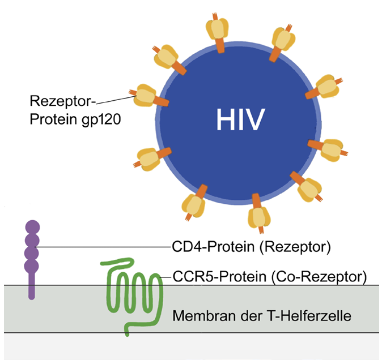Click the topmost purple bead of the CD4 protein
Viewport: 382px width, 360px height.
tap(32, 228)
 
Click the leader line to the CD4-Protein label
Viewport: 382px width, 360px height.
tap(102, 247)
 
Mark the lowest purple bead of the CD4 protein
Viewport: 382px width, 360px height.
tap(32, 265)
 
